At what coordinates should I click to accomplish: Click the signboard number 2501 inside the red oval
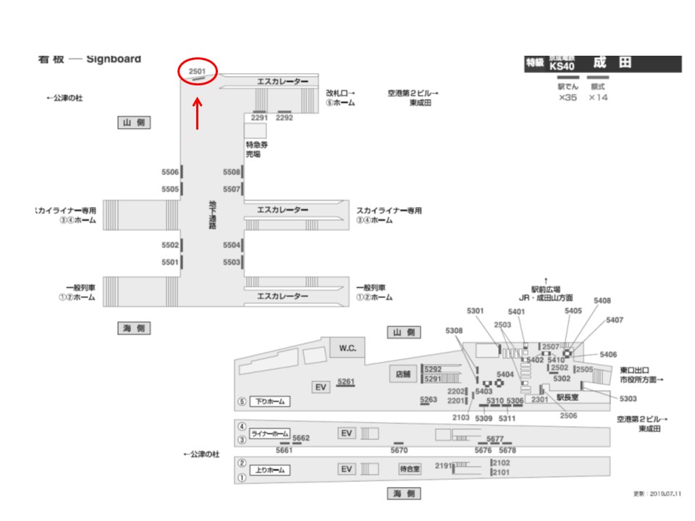[197, 72]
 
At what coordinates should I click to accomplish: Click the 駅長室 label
[568, 397]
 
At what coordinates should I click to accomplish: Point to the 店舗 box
[403, 374]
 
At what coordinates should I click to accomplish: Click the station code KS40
[562, 65]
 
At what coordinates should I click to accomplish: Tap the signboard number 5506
[170, 172]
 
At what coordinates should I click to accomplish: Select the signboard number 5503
[232, 262]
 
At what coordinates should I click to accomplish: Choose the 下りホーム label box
[271, 402]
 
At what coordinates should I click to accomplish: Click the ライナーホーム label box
[269, 433]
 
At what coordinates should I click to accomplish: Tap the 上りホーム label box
[270, 470]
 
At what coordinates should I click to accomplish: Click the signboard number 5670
[399, 450]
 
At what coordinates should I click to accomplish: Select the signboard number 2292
[285, 117]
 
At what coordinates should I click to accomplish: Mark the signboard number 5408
[602, 300]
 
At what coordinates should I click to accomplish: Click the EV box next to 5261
[321, 387]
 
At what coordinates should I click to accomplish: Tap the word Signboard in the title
[114, 59]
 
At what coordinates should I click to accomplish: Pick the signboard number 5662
[301, 438]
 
